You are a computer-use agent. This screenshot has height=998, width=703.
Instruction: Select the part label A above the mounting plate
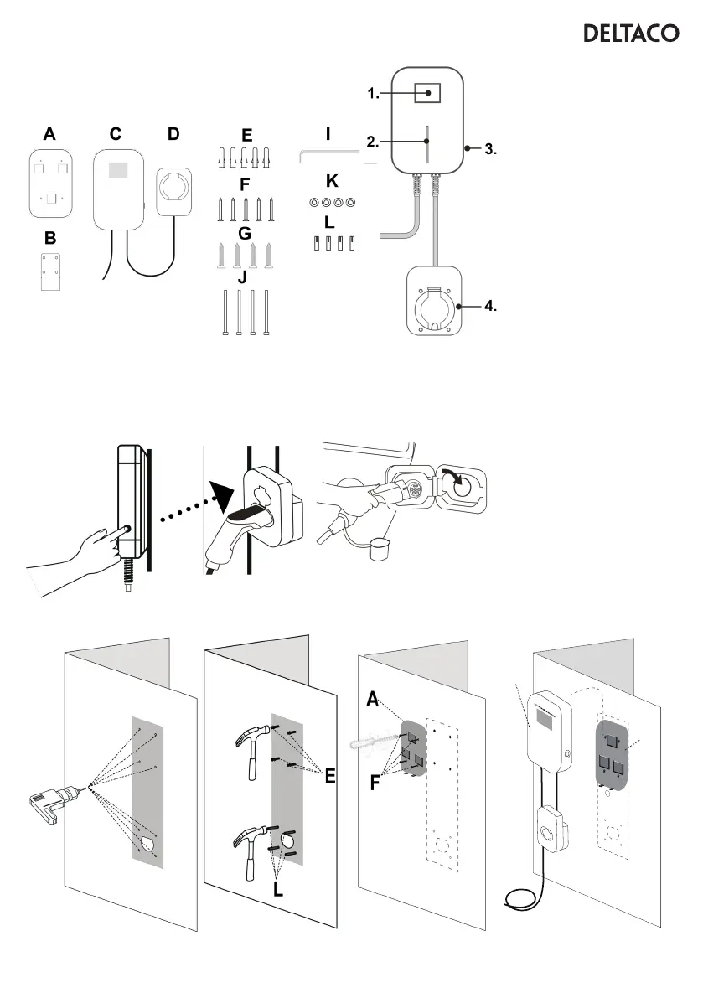[x=50, y=133]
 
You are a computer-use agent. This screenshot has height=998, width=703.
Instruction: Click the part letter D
[x=173, y=133]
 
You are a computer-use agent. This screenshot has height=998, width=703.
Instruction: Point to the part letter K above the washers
[x=332, y=180]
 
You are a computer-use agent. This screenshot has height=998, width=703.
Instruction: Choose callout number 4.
[x=490, y=307]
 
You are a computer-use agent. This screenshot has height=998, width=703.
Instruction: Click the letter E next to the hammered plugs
[x=330, y=778]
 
